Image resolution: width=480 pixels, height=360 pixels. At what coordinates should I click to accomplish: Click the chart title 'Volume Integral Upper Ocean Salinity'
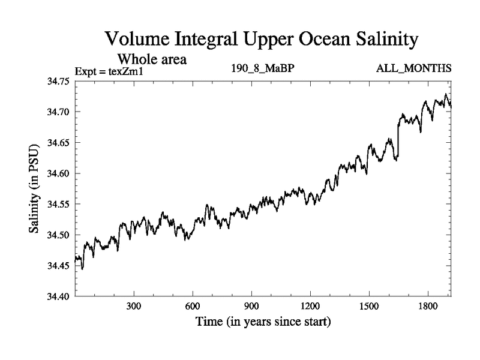point(261,40)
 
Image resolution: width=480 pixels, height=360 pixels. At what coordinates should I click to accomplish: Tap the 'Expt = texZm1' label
point(110,72)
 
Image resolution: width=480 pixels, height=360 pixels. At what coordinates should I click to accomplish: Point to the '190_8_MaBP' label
point(262,68)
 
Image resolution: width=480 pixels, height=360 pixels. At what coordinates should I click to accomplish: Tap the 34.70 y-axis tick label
point(59,112)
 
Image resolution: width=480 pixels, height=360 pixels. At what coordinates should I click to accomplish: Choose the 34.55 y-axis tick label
point(59,204)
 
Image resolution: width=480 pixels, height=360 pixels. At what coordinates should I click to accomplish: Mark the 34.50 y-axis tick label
point(59,235)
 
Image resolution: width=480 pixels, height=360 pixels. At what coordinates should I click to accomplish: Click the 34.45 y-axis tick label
point(59,265)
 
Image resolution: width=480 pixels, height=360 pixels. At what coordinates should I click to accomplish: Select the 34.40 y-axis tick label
point(59,296)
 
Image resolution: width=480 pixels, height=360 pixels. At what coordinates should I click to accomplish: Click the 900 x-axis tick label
point(251,305)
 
